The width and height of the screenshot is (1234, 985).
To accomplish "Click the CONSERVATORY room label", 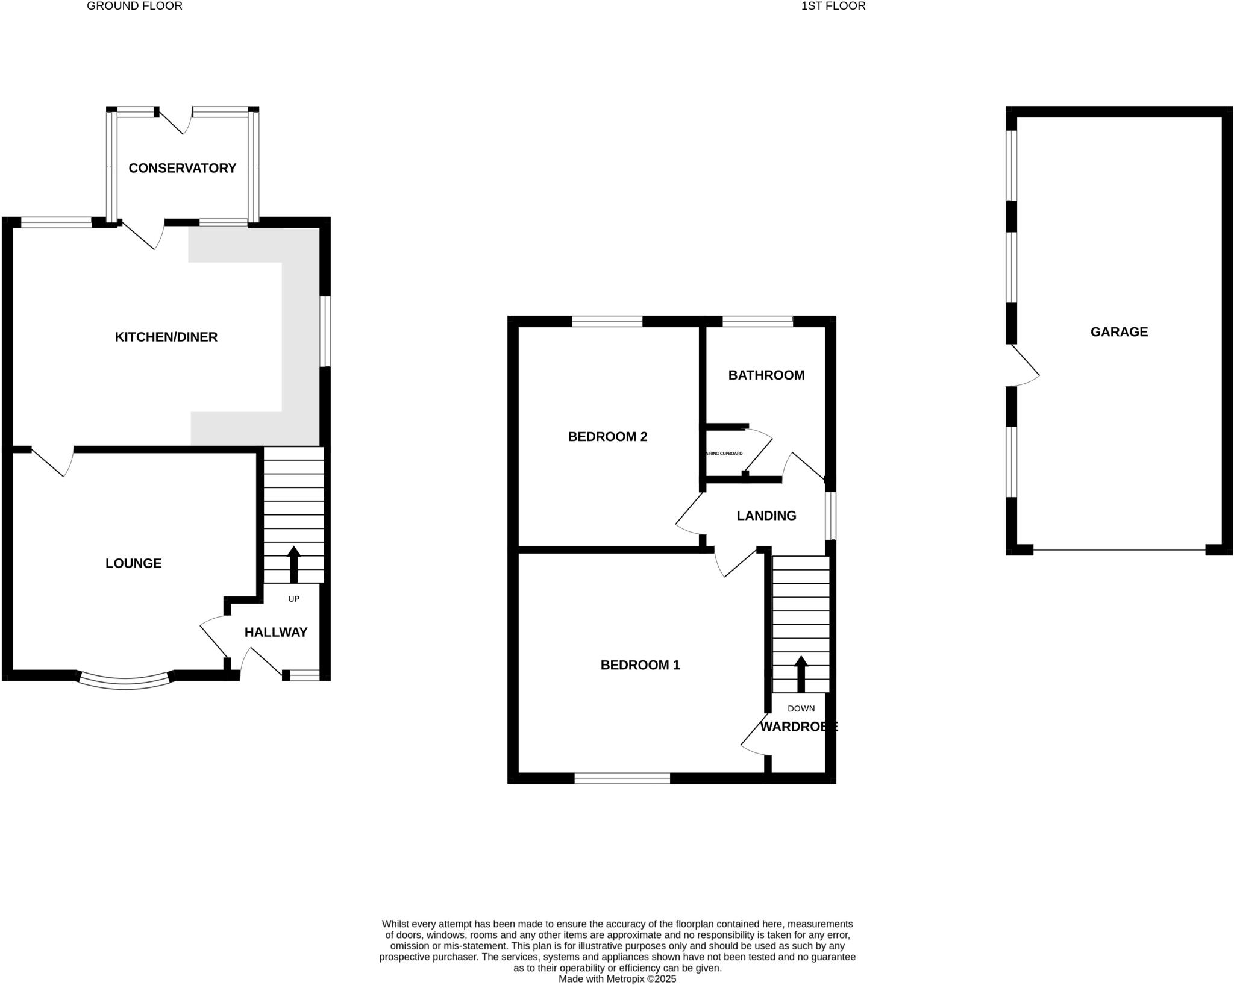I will (x=182, y=168).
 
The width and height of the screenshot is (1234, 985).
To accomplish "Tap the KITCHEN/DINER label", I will (x=166, y=337).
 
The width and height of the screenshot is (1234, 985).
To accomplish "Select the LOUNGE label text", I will (x=133, y=563).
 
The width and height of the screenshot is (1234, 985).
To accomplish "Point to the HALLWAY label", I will (x=276, y=632).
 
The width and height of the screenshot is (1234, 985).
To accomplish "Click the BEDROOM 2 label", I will (x=607, y=436).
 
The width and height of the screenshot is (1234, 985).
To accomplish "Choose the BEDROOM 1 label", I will (x=640, y=665).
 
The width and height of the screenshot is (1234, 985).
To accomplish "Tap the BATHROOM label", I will (x=766, y=375).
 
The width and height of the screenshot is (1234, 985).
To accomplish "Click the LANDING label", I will (x=766, y=516).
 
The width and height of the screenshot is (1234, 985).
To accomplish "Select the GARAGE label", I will (x=1119, y=331).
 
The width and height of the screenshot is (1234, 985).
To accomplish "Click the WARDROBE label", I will (x=798, y=727).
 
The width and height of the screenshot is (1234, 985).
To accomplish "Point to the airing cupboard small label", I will (x=724, y=454).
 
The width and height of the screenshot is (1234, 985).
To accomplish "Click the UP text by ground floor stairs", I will (x=293, y=599).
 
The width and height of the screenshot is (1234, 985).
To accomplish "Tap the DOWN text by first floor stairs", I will (x=801, y=708).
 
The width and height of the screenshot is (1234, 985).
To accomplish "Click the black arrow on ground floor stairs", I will (x=293, y=564).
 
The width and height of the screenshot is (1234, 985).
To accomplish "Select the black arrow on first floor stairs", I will (x=801, y=674).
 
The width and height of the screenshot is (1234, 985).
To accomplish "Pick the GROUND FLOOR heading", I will (x=134, y=6).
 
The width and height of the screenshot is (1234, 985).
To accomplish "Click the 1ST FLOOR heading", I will (x=833, y=6).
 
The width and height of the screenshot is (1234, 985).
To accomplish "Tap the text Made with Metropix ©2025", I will (x=617, y=979).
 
